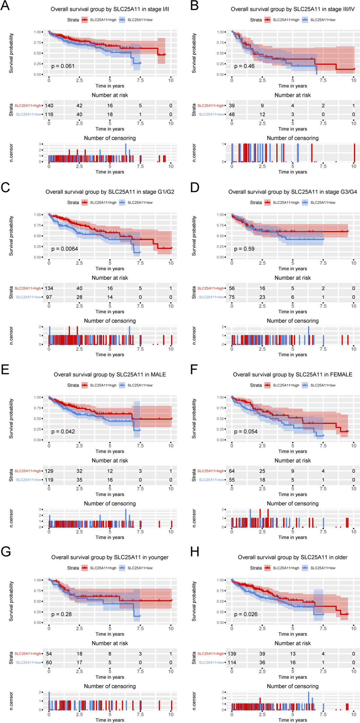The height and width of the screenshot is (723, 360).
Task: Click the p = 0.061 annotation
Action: click(63, 66)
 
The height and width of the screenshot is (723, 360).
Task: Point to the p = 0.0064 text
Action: click(64, 249)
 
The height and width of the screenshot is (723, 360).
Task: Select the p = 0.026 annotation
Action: click(246, 614)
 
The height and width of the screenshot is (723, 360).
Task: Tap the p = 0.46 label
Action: click(244, 66)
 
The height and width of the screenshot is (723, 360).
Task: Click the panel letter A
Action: click(5, 6)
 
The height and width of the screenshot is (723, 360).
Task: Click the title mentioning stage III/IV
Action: click(292, 9)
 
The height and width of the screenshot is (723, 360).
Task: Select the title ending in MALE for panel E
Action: click(110, 374)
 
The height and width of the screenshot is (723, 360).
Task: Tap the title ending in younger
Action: click(110, 557)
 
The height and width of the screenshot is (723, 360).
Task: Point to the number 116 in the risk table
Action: click(49, 115)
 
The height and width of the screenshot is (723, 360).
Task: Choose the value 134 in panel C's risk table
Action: click(49, 289)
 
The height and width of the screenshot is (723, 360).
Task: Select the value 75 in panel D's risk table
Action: click(232, 297)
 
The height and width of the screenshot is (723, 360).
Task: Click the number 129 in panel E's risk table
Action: click(49, 471)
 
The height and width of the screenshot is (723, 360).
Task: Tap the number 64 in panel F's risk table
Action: click(232, 471)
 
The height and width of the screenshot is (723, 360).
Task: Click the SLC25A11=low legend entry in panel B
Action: click(322, 20)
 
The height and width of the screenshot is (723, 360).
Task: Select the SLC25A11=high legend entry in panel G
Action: click(103, 568)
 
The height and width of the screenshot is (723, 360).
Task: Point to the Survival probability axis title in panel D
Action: click(194, 236)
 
